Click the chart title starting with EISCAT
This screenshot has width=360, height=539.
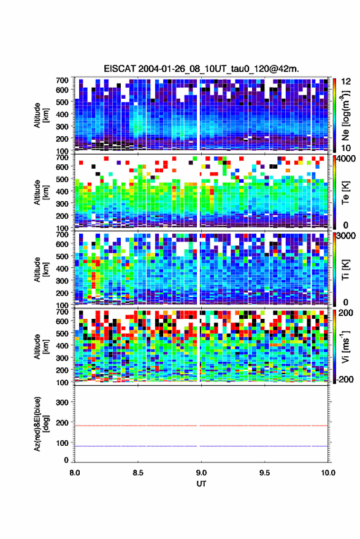click(202, 69)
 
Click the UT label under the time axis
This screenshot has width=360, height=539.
click(202, 484)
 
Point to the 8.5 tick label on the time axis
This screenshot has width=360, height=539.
click(138, 473)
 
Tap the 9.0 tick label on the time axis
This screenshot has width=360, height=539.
click(201, 473)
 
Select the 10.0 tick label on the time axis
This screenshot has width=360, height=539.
click(328, 473)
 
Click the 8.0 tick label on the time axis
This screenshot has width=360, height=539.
click(75, 473)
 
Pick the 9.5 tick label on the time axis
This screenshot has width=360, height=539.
click(264, 473)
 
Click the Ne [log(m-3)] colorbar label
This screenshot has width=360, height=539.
click(345, 115)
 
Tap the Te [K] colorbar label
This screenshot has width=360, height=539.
click(345, 193)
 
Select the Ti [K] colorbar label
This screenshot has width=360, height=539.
click(345, 270)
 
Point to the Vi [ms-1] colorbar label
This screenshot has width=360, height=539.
click(345, 346)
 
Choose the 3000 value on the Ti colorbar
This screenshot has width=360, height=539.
click(346, 236)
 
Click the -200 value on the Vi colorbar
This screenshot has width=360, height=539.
click(345, 380)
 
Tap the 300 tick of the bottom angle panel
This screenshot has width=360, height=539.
click(62, 402)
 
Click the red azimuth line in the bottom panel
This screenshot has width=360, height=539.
click(201, 426)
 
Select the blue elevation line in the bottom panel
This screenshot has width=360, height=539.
click(201, 446)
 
